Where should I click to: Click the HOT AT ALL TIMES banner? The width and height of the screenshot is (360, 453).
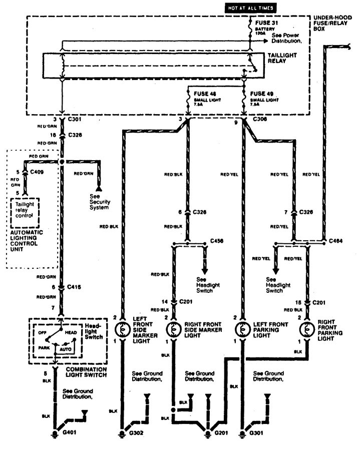point(249,9)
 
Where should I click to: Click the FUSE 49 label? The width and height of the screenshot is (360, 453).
point(262,94)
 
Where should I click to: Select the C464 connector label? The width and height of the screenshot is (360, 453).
point(337,241)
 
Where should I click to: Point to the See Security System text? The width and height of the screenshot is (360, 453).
point(100,201)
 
